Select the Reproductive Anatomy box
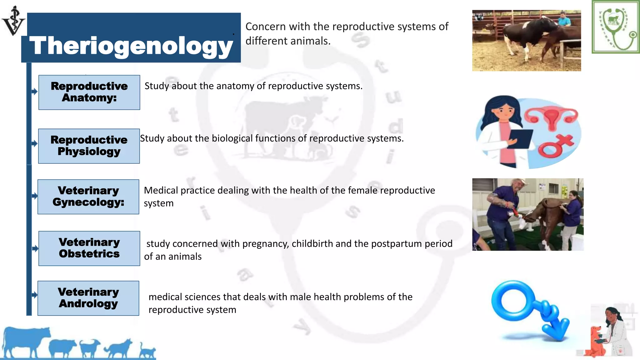89,92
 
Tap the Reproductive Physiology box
89,146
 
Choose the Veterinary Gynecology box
88,197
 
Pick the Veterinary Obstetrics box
89,248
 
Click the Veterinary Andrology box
88,298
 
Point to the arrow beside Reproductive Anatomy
34,92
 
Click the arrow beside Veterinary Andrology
34,295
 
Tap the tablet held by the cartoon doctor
520,139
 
